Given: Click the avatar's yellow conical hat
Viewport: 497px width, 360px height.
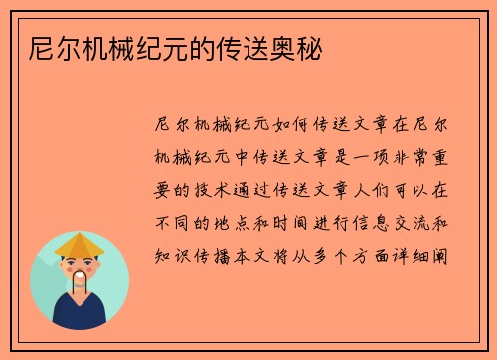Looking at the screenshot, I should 80,245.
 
